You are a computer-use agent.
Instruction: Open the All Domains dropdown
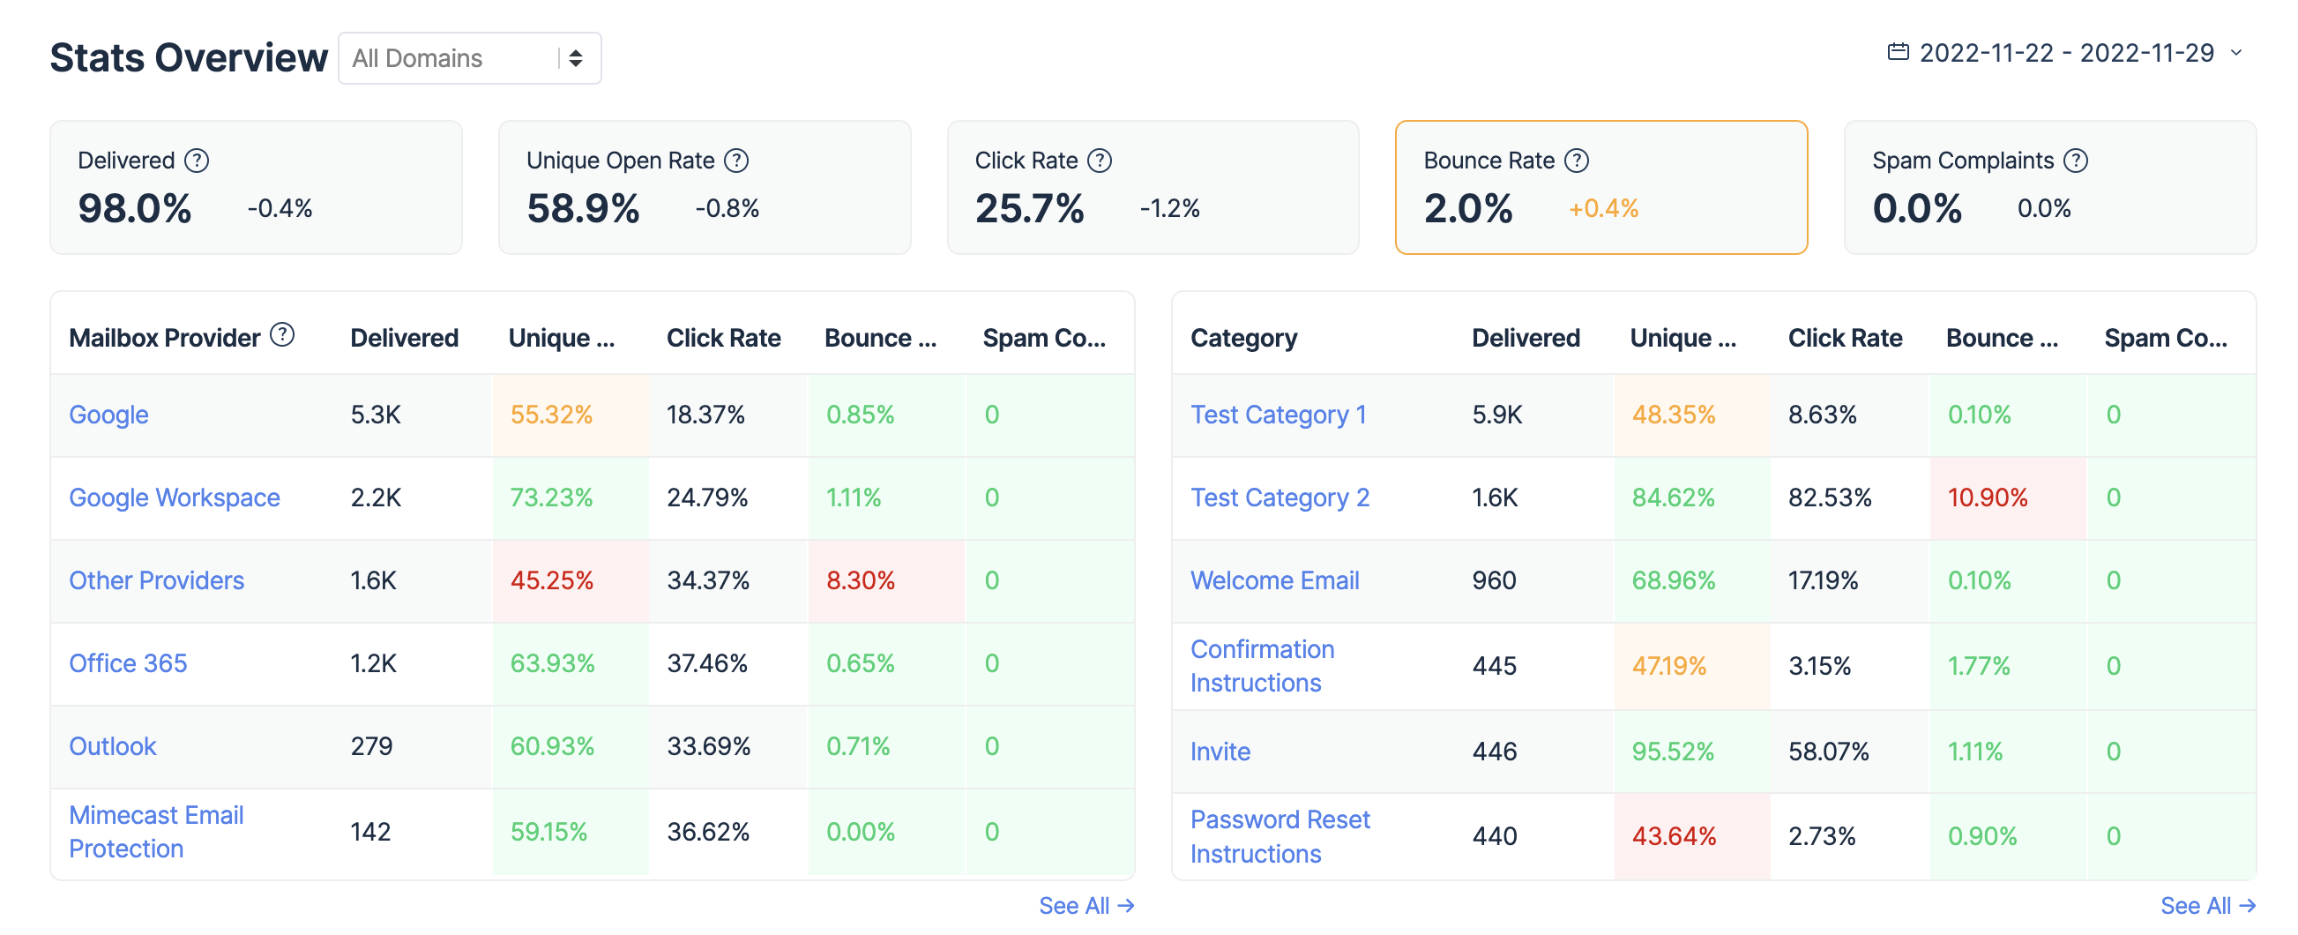click(x=469, y=59)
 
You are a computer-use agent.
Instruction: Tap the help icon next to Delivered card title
click(x=197, y=161)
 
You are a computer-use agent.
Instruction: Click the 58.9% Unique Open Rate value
click(x=583, y=209)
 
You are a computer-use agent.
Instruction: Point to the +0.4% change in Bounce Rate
click(x=1603, y=209)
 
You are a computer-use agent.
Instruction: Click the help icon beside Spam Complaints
click(x=2076, y=161)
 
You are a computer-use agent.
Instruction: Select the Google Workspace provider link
click(x=174, y=497)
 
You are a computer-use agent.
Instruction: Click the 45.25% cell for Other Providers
click(x=551, y=580)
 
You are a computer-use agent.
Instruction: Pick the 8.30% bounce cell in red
click(x=860, y=580)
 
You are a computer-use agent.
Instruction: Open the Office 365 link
click(x=128, y=664)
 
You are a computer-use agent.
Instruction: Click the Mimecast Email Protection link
click(x=156, y=832)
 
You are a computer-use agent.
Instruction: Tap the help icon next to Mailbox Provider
click(x=282, y=335)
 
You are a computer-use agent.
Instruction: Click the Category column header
click(x=1243, y=338)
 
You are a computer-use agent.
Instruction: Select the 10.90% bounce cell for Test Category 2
click(x=1988, y=497)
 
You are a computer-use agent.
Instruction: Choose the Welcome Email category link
click(x=1275, y=580)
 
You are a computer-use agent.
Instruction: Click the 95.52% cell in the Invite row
click(x=1673, y=752)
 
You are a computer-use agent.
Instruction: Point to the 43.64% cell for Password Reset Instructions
click(x=1674, y=837)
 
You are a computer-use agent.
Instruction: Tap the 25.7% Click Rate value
click(x=1029, y=209)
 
